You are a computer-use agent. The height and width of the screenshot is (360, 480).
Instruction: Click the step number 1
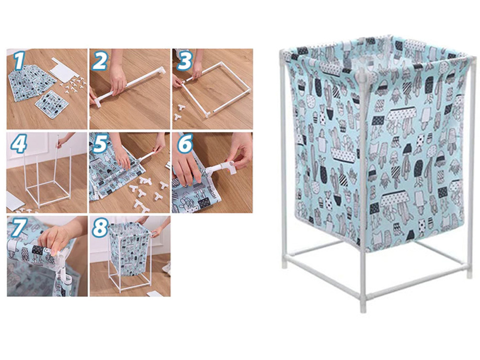19,60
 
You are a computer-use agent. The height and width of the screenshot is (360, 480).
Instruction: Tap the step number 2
100,60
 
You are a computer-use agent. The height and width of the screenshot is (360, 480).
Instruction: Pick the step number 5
100,144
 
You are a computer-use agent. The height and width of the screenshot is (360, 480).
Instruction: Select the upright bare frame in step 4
48,175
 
